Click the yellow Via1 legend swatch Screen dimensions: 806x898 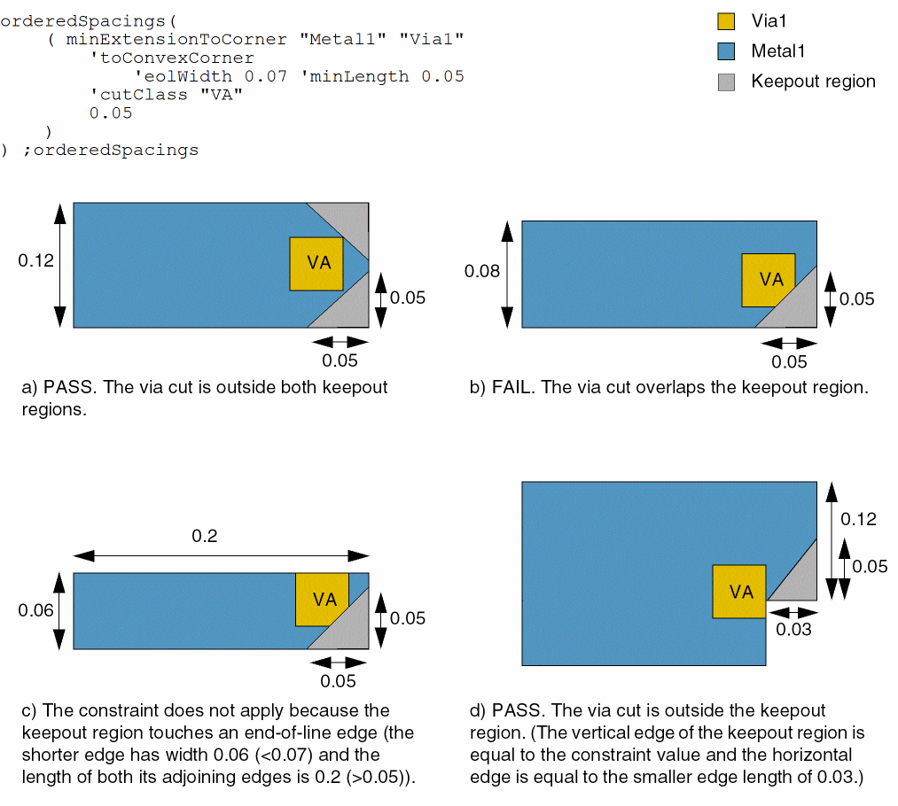(x=727, y=22)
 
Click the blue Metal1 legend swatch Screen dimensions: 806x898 (x=727, y=51)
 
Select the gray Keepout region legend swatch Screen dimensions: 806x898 (x=727, y=81)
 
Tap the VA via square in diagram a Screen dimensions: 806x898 (x=316, y=263)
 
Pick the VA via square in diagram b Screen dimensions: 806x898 (x=768, y=280)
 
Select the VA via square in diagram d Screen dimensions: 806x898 (x=739, y=592)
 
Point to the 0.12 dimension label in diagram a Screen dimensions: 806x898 (x=35, y=260)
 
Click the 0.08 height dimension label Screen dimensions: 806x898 (x=482, y=271)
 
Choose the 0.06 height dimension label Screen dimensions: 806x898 (x=35, y=610)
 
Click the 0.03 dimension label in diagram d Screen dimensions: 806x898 (x=793, y=629)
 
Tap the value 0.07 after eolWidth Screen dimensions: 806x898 (x=266, y=76)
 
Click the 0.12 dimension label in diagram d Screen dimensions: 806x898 (x=857, y=519)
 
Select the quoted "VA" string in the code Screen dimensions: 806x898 (x=222, y=95)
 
